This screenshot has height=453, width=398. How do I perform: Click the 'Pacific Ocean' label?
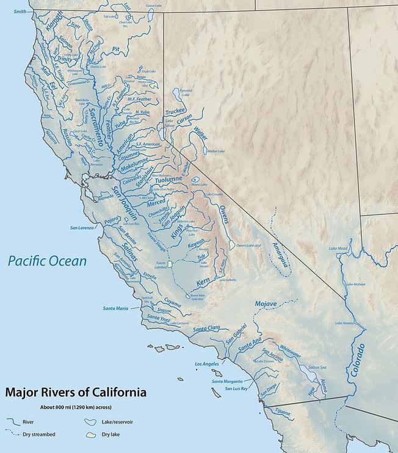[47, 261]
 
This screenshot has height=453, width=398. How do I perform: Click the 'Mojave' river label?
[266, 303]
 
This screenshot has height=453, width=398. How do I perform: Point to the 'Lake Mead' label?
[338, 248]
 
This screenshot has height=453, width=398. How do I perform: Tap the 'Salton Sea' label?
[318, 368]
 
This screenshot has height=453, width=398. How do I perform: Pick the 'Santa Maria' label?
[115, 308]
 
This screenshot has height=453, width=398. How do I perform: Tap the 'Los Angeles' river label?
[206, 364]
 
